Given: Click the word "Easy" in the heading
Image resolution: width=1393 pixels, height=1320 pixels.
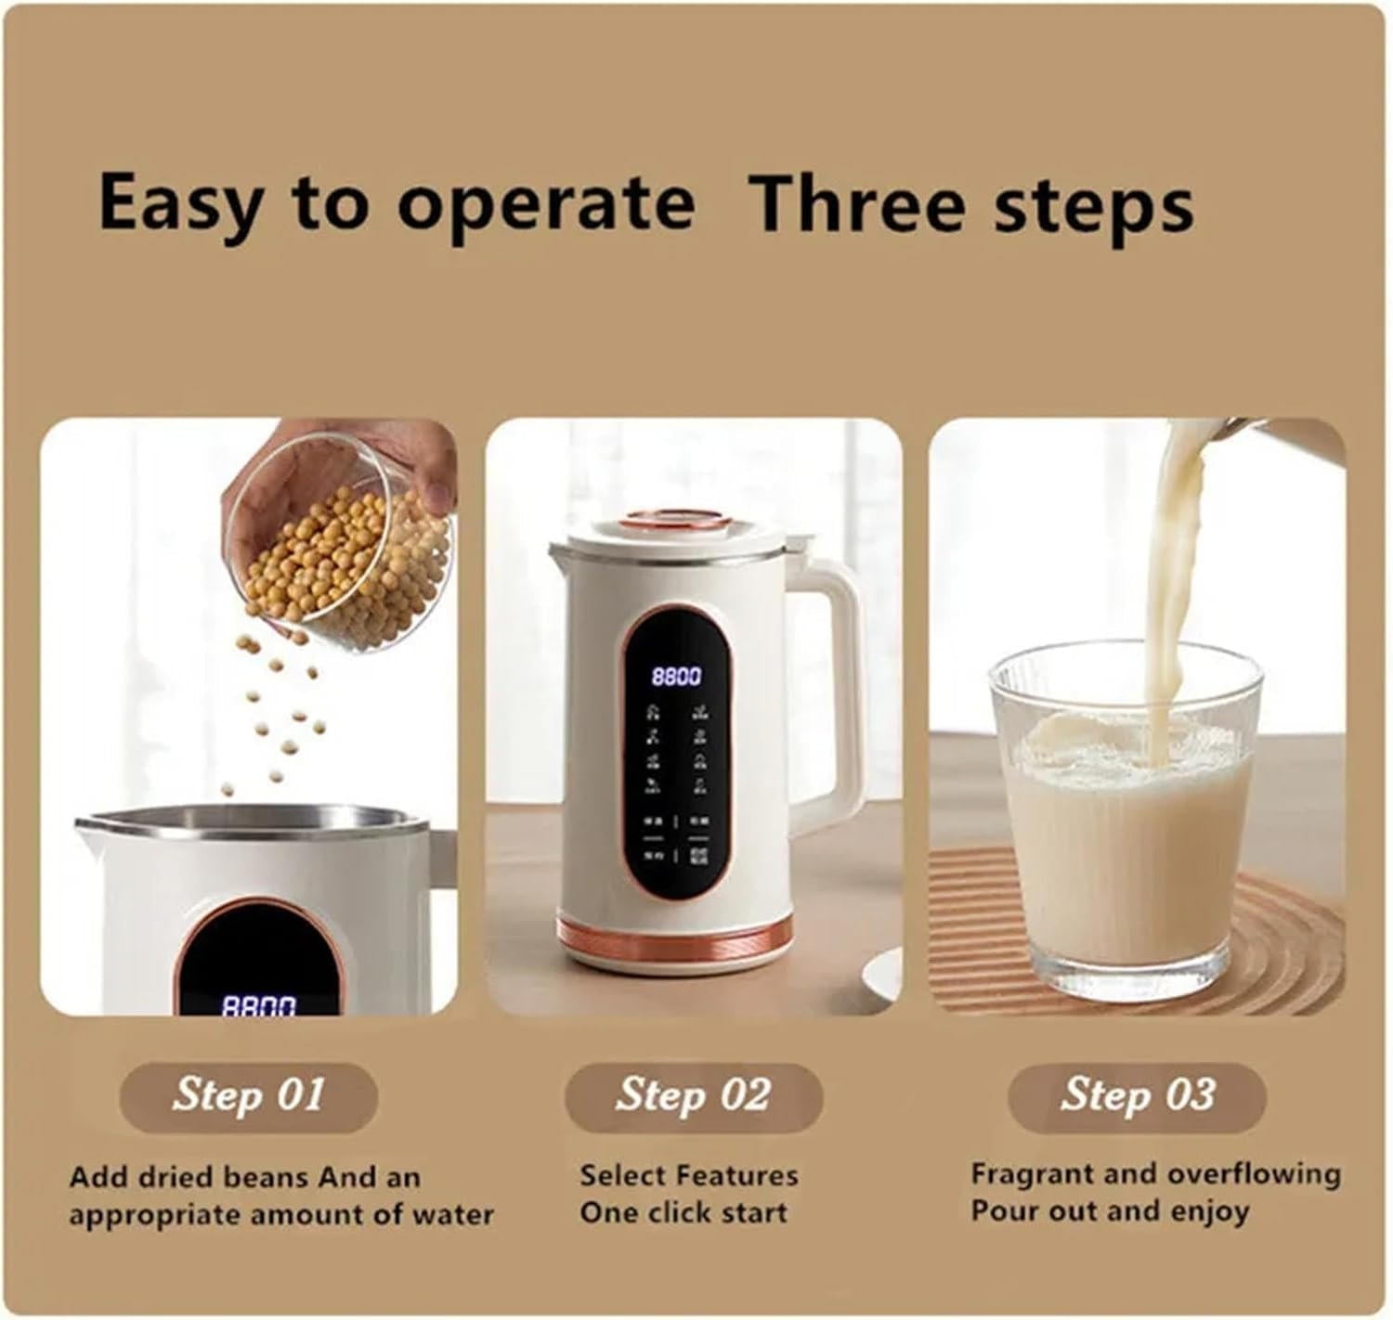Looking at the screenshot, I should (176, 203).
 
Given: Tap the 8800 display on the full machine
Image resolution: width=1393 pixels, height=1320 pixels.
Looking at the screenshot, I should (676, 676).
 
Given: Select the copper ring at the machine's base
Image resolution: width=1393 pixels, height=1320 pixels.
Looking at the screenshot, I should (676, 936).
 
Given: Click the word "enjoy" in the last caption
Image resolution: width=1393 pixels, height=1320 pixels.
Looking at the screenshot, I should (1211, 1210).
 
